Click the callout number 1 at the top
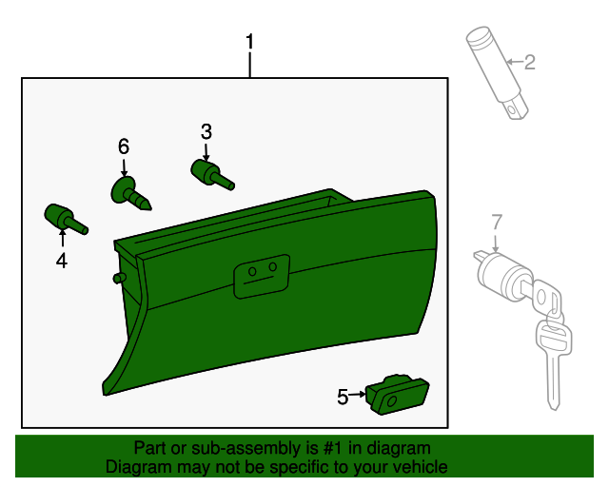[250, 42]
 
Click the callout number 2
[530, 63]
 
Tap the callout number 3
[206, 131]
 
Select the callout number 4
[62, 260]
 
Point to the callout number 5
[343, 397]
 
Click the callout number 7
[496, 223]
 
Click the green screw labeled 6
[128, 193]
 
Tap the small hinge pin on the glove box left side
[120, 278]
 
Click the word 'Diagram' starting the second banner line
[138, 467]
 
